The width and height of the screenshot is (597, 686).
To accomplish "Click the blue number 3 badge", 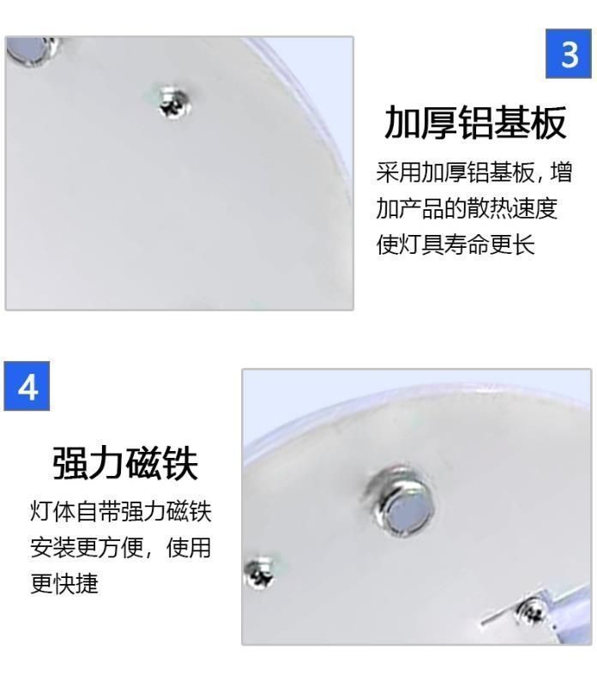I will [x=569, y=54].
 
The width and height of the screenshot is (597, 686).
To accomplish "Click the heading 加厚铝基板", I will [x=474, y=123].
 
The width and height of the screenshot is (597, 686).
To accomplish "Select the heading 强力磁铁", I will [x=124, y=463].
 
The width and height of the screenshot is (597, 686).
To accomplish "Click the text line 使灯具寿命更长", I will [x=455, y=244].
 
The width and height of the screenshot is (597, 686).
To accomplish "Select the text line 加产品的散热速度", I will [x=467, y=208].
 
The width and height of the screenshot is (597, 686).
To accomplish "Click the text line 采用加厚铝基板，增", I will [x=473, y=173].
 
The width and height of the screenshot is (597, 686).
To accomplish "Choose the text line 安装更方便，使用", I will [x=120, y=548].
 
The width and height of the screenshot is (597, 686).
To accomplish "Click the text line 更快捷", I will [x=65, y=584].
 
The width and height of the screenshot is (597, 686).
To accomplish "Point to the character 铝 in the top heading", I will [x=474, y=123].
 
